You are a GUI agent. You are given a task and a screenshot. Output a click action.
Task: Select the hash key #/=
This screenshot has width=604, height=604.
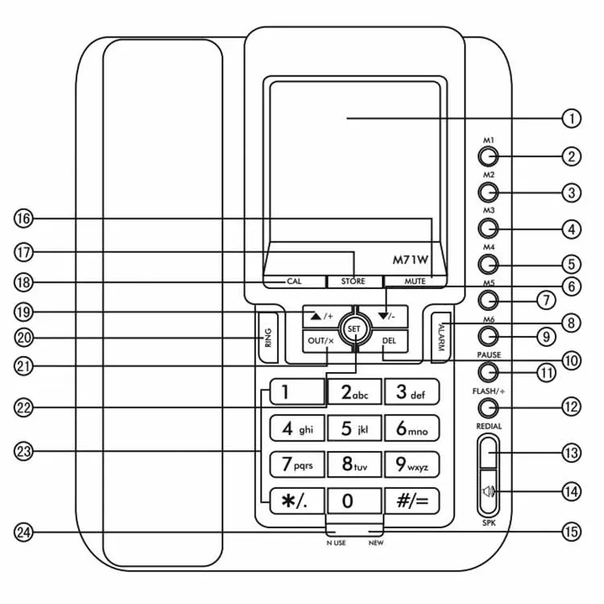pos(412,501)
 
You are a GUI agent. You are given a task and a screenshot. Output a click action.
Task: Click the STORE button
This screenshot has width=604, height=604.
pos(353,281)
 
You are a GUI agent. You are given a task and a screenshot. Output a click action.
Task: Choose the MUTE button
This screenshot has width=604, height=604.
pos(416,281)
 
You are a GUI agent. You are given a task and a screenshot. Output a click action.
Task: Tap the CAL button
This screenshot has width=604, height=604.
pos(294,281)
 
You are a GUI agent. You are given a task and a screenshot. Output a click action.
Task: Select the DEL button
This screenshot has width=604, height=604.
pos(389,341)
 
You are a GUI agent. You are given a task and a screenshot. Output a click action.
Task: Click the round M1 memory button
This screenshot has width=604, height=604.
pos(487,155)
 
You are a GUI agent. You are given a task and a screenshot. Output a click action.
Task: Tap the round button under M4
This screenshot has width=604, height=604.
pos(487,263)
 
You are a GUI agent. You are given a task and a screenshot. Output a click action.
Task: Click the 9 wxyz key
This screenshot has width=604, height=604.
pos(412,465)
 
